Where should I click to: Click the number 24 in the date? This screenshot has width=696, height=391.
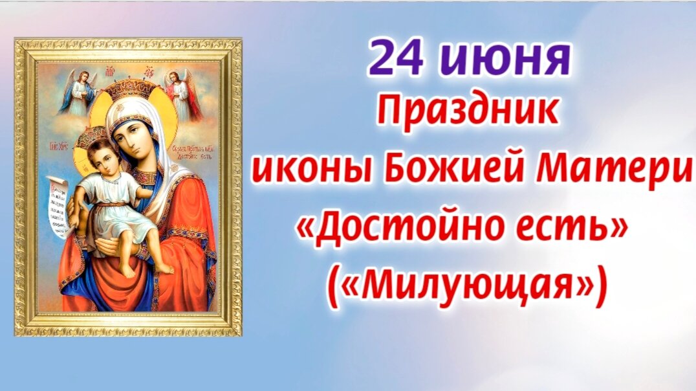[395, 57]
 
